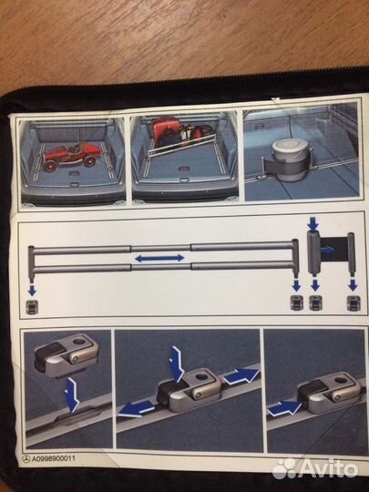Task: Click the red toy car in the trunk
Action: tap(72, 156)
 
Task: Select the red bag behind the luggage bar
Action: tap(164, 131)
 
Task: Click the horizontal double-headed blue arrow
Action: tap(159, 258)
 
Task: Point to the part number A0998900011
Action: tap(53, 458)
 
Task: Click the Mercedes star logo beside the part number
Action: tap(26, 459)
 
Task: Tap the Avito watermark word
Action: tap(329, 469)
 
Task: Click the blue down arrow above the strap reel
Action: tap(313, 223)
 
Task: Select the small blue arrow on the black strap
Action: tap(327, 250)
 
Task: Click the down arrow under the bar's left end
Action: tap(32, 291)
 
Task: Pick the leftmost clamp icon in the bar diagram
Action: tap(32, 306)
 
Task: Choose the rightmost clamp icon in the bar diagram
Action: tap(354, 303)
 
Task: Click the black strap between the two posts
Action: tap(333, 250)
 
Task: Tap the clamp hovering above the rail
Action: tap(66, 354)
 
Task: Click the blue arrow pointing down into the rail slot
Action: tap(72, 395)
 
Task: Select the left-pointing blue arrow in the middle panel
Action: tap(136, 409)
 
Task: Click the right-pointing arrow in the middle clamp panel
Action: tap(241, 376)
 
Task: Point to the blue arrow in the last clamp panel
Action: tap(284, 408)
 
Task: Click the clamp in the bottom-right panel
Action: tap(329, 392)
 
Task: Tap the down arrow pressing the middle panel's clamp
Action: tap(177, 364)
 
